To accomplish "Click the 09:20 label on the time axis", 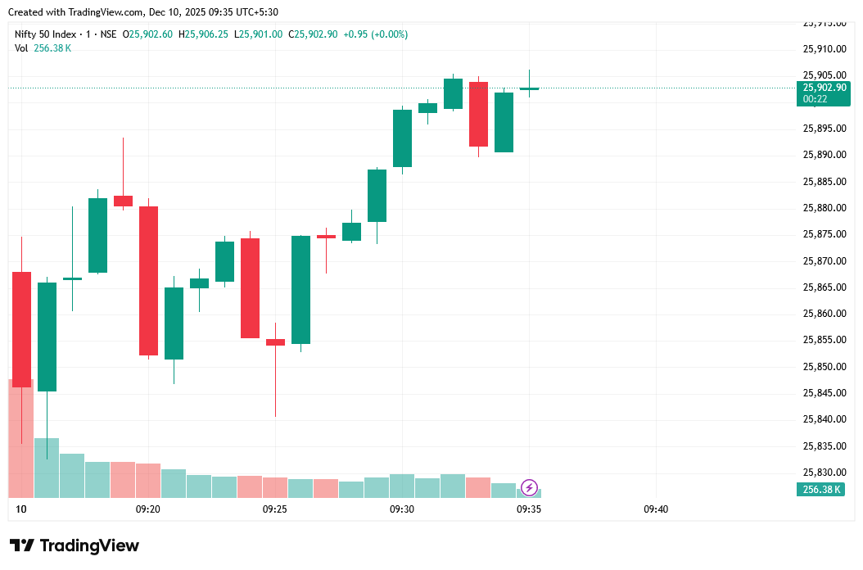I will (147, 509).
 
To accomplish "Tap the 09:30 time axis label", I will (402, 509).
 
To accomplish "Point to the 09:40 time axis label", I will (656, 509).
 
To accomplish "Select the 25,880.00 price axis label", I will (825, 208).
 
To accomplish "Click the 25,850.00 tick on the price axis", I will (825, 367).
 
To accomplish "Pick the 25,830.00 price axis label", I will (825, 473).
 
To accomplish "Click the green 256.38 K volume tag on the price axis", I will (825, 489).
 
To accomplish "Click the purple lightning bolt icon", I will (529, 488).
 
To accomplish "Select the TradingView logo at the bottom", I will (75, 545).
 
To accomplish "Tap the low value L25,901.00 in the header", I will (258, 34).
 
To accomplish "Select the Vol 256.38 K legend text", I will (43, 48).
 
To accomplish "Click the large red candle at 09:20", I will (148, 280).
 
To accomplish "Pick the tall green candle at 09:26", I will (300, 289).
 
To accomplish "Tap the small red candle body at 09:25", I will (275, 342).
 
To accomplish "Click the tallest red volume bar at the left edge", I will (20, 438).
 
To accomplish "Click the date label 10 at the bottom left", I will (21, 509).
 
